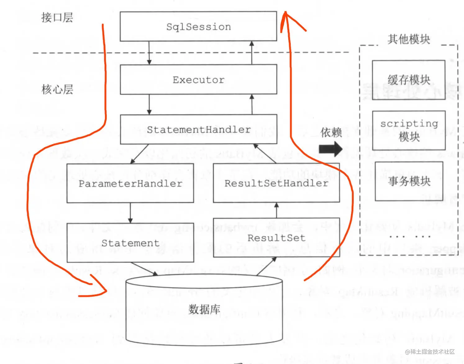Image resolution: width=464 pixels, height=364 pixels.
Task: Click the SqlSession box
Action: (x=198, y=27)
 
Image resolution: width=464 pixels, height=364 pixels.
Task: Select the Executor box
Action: (x=198, y=80)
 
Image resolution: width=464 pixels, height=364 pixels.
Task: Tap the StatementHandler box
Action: (x=198, y=130)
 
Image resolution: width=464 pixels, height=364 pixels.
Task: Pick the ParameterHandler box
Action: (x=130, y=184)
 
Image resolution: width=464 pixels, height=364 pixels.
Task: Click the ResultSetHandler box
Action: (x=276, y=183)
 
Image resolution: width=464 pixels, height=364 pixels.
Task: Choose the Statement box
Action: (x=130, y=243)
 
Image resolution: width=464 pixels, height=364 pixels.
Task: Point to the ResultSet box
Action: (x=276, y=238)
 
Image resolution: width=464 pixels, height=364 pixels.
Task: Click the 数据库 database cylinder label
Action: (x=204, y=309)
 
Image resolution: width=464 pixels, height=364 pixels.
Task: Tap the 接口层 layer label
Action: (x=57, y=17)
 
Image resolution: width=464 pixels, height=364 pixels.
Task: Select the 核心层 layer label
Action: (x=57, y=89)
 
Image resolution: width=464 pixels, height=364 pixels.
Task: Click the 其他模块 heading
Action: (x=408, y=39)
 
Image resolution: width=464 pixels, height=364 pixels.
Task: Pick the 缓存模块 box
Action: (x=408, y=80)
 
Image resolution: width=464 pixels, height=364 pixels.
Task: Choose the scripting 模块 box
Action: (x=409, y=130)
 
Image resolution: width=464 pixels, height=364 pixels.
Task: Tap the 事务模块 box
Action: (x=409, y=181)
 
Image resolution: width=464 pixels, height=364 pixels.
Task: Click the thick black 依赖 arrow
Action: (x=330, y=149)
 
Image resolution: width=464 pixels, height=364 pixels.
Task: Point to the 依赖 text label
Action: (x=331, y=132)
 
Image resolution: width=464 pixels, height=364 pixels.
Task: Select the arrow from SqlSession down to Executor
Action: (x=149, y=53)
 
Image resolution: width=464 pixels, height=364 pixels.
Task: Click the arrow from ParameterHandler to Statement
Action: (x=130, y=213)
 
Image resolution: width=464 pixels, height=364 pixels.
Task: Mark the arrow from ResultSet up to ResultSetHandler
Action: (x=276, y=211)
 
